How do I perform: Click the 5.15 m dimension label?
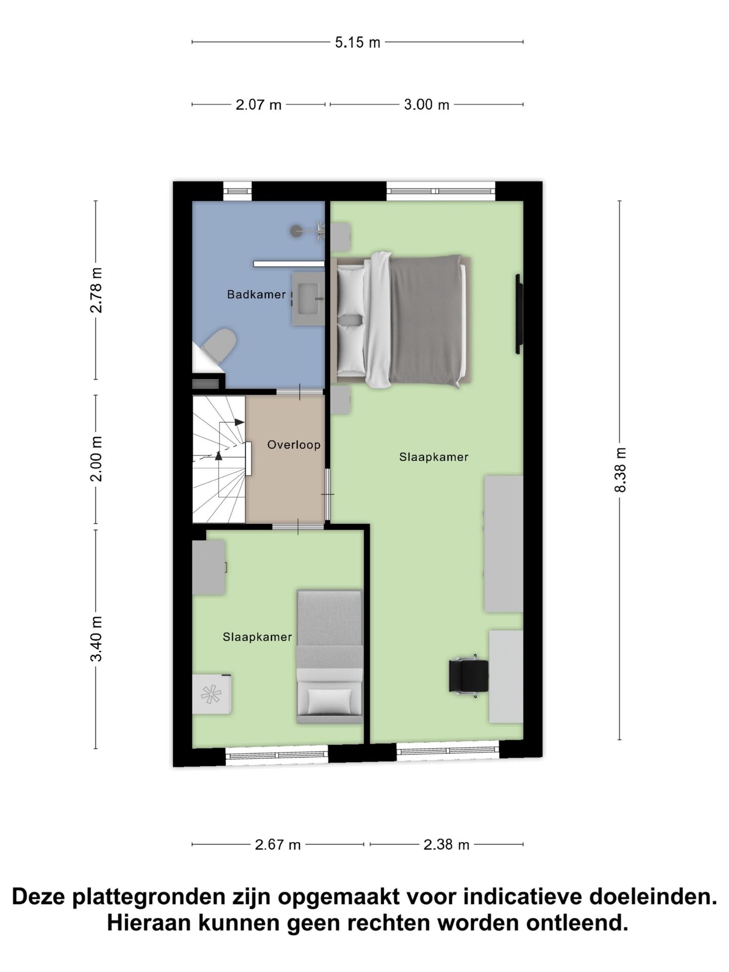point(357,43)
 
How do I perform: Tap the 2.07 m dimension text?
point(258,105)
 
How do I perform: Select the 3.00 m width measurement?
point(426,105)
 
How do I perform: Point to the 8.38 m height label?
point(620,470)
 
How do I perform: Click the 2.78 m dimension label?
point(96,290)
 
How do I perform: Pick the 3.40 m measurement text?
point(96,639)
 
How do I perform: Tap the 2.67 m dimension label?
point(278,844)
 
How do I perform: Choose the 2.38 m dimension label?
point(447,844)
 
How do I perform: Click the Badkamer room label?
point(256,294)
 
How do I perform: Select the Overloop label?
point(294,445)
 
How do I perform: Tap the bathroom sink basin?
point(307,298)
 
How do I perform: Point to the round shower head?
point(296,231)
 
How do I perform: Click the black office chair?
point(468,676)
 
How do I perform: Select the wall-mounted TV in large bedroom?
point(518,314)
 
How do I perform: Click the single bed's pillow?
point(330,701)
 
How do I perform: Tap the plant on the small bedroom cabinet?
point(211,694)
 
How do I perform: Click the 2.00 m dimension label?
point(96,459)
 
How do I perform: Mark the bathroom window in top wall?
point(237,191)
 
